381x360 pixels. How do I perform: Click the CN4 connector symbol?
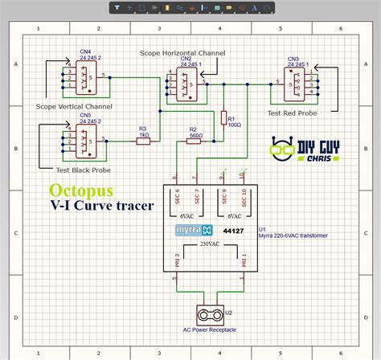coord(80,77)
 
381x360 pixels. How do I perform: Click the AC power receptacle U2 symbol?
coord(211,313)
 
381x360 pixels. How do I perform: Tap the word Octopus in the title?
coord(80,190)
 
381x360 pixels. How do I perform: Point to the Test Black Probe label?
coord(83,170)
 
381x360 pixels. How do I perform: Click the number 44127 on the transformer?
coord(232,231)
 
